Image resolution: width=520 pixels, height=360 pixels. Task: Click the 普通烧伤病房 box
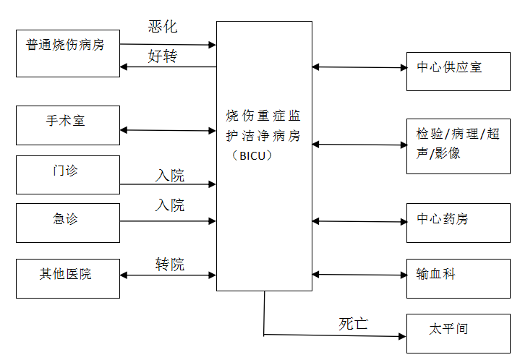click(x=68, y=53)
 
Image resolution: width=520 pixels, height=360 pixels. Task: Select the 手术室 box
click(x=68, y=125)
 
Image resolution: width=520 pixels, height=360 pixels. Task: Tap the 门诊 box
click(x=68, y=174)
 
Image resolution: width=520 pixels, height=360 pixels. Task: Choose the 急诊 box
click(x=68, y=223)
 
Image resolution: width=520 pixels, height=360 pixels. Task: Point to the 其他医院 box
click(x=68, y=278)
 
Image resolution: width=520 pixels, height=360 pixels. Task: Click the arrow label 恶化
click(x=163, y=27)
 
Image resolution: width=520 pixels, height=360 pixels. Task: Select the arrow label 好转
click(x=163, y=56)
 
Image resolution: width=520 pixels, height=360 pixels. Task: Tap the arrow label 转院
click(x=170, y=264)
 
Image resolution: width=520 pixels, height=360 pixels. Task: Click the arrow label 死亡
click(x=354, y=324)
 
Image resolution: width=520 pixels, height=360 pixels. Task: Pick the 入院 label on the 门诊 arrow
click(x=170, y=175)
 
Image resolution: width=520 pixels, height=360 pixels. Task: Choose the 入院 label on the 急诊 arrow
click(x=170, y=205)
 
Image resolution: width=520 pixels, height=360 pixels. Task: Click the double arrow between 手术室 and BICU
click(x=168, y=131)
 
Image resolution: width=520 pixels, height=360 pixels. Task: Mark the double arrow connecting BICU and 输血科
click(x=359, y=274)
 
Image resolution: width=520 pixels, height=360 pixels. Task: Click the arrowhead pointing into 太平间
click(x=402, y=336)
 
